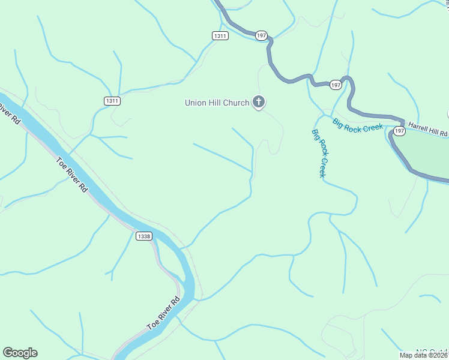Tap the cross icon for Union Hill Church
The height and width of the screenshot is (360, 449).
click(259, 103)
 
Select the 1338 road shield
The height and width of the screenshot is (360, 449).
click(144, 236)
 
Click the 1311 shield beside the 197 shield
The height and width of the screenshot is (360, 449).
click(220, 36)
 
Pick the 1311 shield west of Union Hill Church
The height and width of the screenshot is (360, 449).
click(112, 101)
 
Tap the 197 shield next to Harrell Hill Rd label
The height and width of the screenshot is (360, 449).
click(400, 130)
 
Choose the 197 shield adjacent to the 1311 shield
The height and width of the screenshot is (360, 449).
click(261, 36)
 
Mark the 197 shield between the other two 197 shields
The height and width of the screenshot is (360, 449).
click(336, 85)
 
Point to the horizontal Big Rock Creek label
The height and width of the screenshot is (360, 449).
click(358, 127)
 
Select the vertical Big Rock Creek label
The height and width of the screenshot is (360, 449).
click(319, 153)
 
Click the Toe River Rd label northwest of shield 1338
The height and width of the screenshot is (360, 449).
click(72, 175)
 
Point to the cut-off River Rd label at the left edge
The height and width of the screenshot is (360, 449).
click(9, 114)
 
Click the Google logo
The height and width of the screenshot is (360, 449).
click(20, 353)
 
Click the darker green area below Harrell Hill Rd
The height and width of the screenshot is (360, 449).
click(426, 153)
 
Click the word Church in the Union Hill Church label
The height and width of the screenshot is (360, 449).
click(232, 103)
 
